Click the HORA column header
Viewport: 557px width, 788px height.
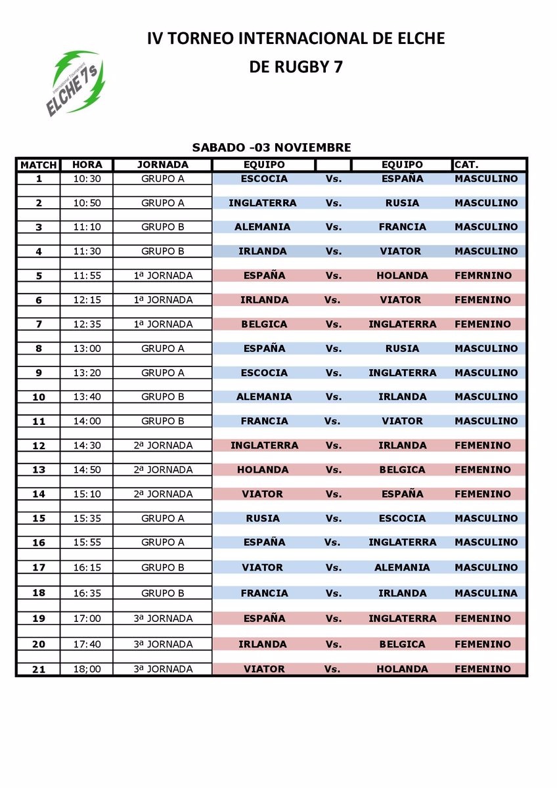coord(86,165)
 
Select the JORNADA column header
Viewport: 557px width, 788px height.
coord(163,165)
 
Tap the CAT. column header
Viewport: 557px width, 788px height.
coord(466,165)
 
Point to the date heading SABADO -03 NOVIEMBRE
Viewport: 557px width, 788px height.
coord(271,148)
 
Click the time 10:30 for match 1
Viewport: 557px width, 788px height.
coord(86,179)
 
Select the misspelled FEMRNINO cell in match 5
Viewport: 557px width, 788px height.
coord(482,276)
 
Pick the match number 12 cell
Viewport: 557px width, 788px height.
coord(38,446)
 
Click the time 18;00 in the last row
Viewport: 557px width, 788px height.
coord(86,669)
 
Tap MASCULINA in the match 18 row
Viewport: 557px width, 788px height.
coord(486,593)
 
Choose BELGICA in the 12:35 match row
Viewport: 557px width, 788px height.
coord(263,324)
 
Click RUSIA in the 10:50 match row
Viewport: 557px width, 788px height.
coord(402,203)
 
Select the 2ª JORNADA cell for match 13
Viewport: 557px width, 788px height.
coord(163,470)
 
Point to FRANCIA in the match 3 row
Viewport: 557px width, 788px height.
coord(402,227)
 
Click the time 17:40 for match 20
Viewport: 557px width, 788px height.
coord(86,644)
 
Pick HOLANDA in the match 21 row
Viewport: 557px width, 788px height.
coord(402,669)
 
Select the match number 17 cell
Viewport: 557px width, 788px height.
coord(38,567)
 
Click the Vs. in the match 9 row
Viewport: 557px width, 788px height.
coord(334,373)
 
